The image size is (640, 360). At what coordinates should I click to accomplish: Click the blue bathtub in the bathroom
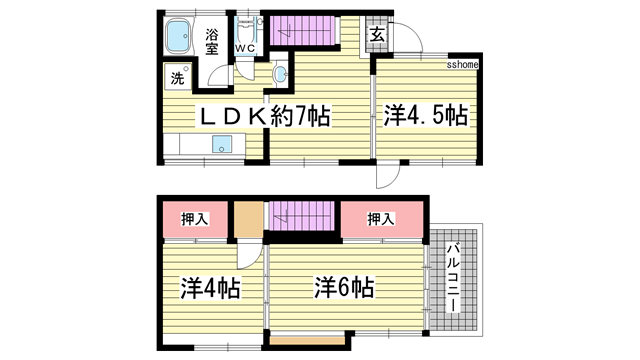coord(180,39)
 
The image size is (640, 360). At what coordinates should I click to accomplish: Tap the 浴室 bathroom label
coord(213,42)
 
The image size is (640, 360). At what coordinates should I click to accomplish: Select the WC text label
coord(246,47)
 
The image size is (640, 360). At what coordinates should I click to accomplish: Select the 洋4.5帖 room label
coord(425,116)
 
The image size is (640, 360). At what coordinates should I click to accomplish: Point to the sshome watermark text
coord(462,65)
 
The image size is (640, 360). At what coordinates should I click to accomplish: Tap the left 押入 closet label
coord(195,219)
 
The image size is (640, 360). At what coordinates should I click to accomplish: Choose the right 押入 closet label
coord(380,219)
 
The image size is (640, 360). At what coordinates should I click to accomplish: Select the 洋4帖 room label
coord(210,289)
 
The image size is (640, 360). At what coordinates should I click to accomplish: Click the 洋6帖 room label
coord(346,289)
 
